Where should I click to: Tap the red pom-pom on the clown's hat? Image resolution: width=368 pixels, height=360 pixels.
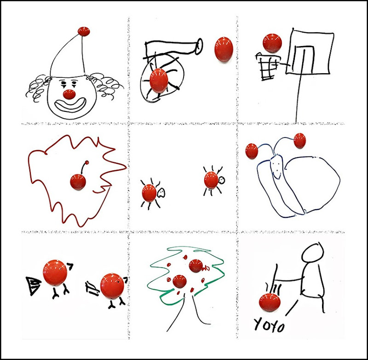click(x=84, y=31)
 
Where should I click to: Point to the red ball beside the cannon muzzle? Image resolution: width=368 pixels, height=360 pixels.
click(x=224, y=49)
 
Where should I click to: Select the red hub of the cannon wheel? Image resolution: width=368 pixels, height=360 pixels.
click(x=159, y=80)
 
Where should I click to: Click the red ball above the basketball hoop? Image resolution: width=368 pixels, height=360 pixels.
click(x=272, y=43)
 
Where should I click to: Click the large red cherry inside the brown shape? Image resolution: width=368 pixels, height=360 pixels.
click(x=78, y=182)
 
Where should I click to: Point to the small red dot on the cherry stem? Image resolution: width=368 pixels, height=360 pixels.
click(x=87, y=162)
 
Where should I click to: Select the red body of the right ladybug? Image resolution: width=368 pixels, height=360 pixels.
click(x=211, y=180)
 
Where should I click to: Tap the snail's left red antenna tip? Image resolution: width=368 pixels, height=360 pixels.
click(x=252, y=151)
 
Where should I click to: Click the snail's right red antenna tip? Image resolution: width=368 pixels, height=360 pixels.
click(x=299, y=140)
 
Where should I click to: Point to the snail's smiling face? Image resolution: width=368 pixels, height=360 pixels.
click(x=276, y=167)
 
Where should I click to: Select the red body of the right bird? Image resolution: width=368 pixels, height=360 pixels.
click(x=112, y=286)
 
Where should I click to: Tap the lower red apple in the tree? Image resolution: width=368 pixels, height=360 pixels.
click(x=179, y=281)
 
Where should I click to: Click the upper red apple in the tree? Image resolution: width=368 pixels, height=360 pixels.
click(x=195, y=266)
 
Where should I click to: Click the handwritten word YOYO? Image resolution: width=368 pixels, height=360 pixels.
click(x=270, y=324)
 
